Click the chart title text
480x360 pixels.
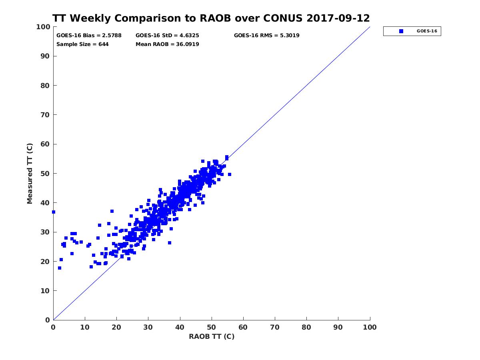[x=211, y=18]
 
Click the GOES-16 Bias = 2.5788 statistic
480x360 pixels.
[x=89, y=35]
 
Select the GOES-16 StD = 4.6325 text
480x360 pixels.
[x=167, y=35]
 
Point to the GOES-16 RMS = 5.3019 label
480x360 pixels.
[x=266, y=35]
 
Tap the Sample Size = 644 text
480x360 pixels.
[x=82, y=44]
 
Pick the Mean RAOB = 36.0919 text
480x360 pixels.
[x=167, y=44]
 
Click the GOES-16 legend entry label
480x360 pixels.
[x=427, y=31]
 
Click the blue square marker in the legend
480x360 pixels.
[x=401, y=31]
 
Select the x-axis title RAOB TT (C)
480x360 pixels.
[x=212, y=336]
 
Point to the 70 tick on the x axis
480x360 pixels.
[x=275, y=327]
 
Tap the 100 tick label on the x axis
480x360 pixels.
[x=370, y=327]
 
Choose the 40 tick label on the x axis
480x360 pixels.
[x=180, y=327]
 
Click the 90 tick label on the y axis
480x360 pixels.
[x=45, y=56]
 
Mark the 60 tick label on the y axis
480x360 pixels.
[x=45, y=144]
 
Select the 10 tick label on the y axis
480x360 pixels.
[x=45, y=291]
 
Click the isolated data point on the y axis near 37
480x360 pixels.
[x=54, y=212]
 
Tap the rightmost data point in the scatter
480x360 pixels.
[x=229, y=174]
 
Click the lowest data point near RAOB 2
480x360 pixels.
[x=60, y=268]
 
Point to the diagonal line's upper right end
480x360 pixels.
[x=370, y=27]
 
